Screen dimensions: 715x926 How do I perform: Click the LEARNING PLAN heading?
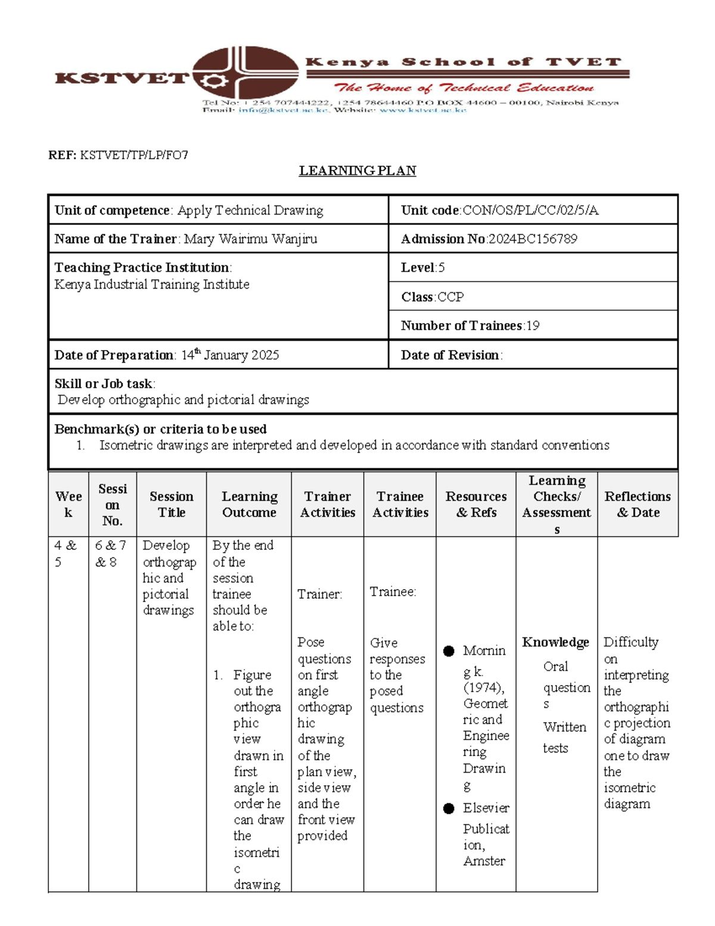[357, 171]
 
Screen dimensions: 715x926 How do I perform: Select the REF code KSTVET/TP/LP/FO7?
[134, 156]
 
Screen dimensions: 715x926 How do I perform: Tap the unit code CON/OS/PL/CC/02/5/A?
[530, 210]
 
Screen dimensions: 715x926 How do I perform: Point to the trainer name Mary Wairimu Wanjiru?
[250, 239]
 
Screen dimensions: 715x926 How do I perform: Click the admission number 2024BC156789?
[532, 239]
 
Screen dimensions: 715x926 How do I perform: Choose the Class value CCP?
[450, 297]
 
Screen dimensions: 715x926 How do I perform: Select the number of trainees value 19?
[533, 326]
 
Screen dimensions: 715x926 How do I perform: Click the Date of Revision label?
[450, 355]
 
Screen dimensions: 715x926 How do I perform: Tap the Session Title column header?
[172, 504]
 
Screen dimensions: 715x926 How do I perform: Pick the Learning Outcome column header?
[249, 504]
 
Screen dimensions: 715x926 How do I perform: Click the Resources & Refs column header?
[476, 504]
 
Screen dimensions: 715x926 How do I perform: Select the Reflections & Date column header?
[638, 504]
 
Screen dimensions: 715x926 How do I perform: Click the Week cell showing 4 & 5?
[66, 553]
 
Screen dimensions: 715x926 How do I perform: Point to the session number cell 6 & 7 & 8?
[111, 553]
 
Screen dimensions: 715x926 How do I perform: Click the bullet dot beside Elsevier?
[449, 809]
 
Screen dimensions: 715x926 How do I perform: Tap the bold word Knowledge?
[555, 642]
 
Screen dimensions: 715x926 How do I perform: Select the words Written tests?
[564, 738]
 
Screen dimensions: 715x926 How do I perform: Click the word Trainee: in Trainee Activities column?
[393, 591]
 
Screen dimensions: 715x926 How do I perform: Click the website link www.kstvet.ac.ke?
[422, 110]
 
